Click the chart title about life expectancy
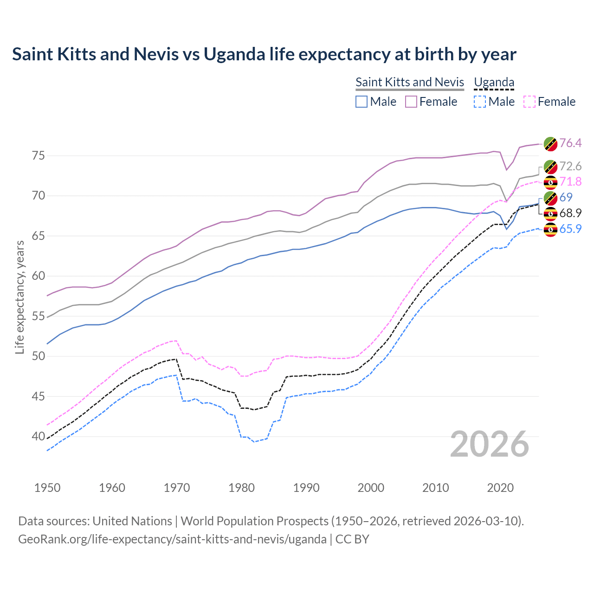264,54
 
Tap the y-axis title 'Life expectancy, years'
19,297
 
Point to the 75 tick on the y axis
39,155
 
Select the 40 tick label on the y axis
39,437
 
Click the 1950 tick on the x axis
47,488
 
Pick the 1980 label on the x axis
241,488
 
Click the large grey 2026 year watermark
489,444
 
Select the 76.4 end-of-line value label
570,143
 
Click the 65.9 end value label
570,229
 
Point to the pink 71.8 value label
570,181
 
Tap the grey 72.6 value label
570,166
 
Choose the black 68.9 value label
570,213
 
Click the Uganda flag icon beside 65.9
550,229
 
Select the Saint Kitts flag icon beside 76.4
550,144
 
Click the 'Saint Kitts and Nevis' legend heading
410,82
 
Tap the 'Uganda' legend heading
494,82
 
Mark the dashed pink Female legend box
529,102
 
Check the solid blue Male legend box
362,102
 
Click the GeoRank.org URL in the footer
172,539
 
